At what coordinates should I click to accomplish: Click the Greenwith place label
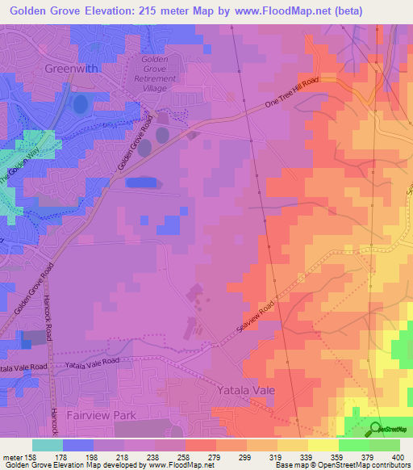[72, 69]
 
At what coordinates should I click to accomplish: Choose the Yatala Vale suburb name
[246, 390]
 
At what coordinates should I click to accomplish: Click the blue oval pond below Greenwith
[81, 104]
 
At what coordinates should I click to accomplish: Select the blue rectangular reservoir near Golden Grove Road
[143, 183]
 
